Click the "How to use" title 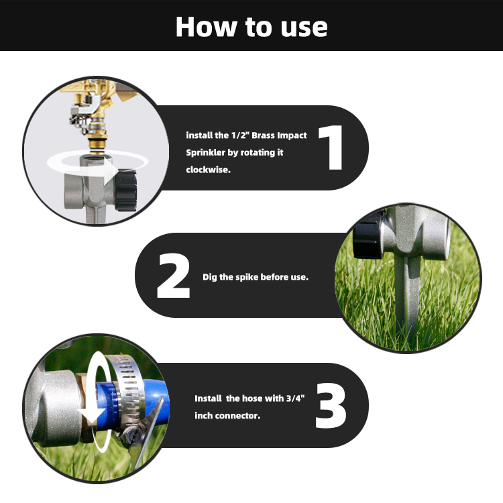pos(251,27)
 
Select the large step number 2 pos(173,276)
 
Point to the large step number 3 pos(331,406)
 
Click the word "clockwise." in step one pos(208,170)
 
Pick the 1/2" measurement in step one pos(240,135)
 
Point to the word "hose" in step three pos(252,398)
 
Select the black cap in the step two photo pos(368,235)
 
